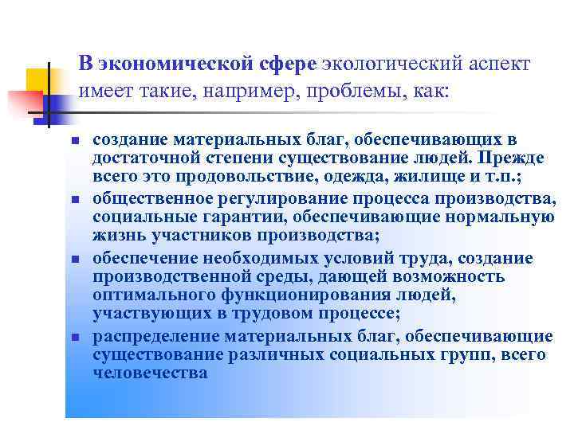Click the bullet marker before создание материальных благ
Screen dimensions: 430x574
tap(73, 140)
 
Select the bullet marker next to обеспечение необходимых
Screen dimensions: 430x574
tap(73, 259)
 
